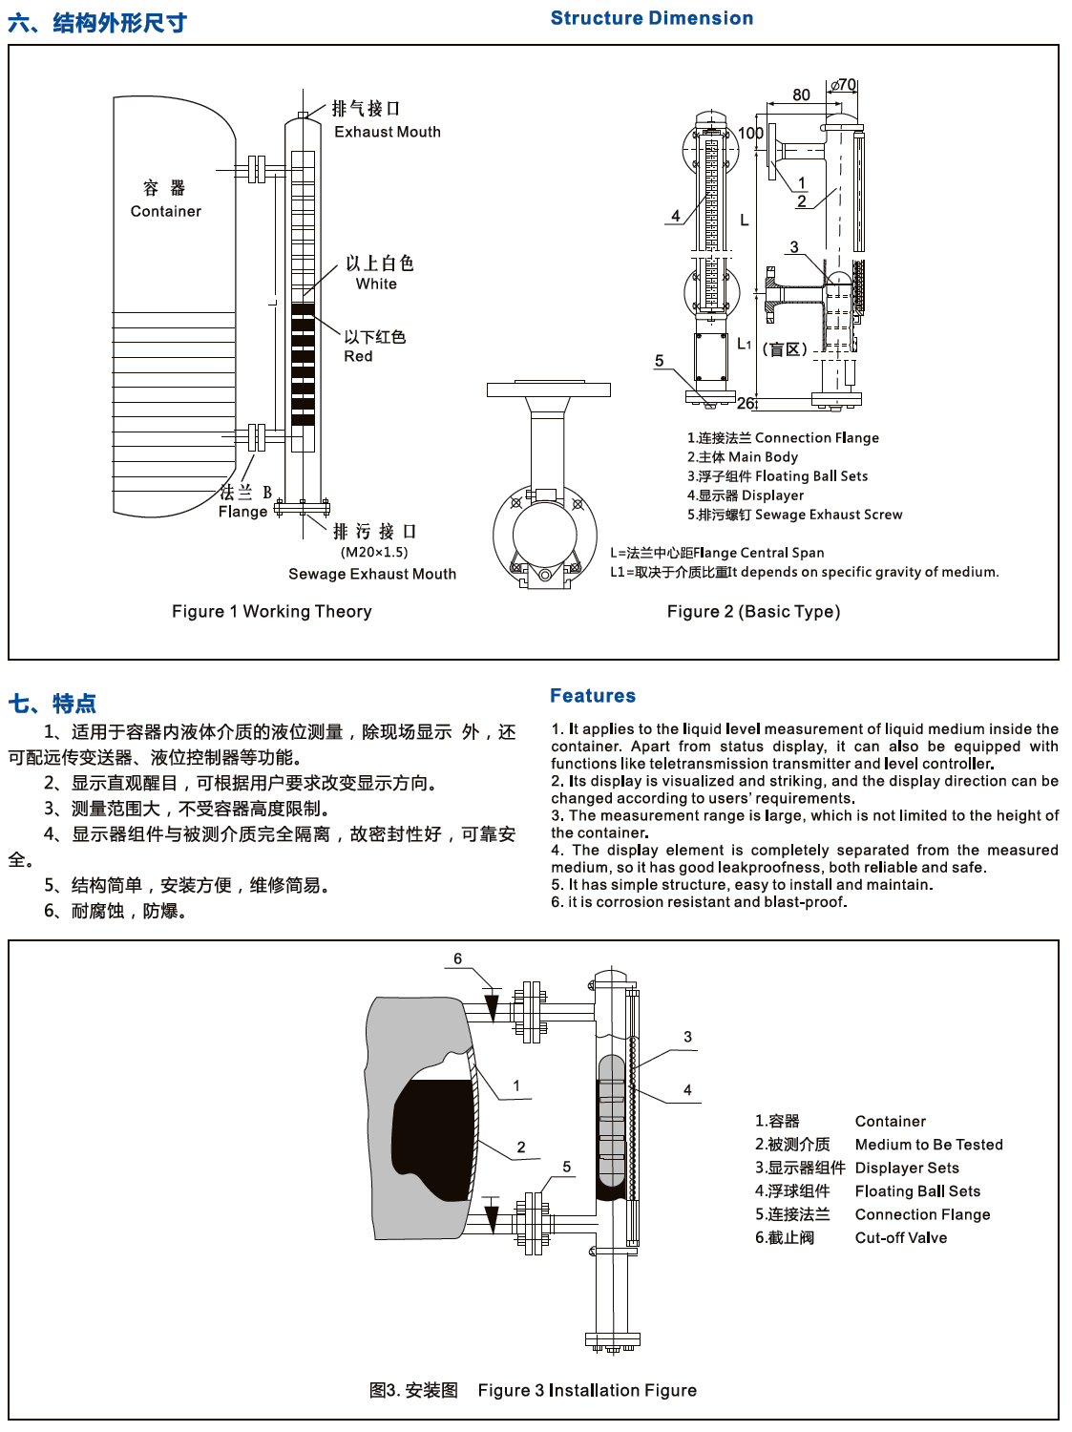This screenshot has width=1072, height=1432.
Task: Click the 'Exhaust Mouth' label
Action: (x=387, y=132)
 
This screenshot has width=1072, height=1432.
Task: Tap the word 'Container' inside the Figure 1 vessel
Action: (x=166, y=211)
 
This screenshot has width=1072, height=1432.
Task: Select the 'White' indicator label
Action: (x=376, y=284)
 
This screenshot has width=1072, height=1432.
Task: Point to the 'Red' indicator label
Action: (x=358, y=356)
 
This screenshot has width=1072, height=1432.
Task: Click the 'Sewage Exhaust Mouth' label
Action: (x=372, y=574)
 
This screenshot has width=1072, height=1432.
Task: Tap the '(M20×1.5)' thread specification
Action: (x=374, y=552)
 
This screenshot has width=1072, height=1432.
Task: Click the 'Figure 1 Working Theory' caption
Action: (x=271, y=611)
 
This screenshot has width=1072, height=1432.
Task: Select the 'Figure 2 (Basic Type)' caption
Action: (x=753, y=611)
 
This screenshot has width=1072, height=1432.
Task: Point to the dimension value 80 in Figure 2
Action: (x=801, y=95)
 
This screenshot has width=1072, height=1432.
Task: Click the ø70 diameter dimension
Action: (x=843, y=85)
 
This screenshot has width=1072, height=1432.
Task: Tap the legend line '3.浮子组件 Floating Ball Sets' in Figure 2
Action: (x=777, y=475)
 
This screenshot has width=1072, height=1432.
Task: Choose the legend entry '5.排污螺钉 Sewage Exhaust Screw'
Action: (x=794, y=514)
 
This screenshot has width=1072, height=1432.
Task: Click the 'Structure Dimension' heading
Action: (x=652, y=18)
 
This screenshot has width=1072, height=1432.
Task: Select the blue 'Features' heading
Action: (x=593, y=696)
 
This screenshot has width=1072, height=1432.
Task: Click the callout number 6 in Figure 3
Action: (x=457, y=958)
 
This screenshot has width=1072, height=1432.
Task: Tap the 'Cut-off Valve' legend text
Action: (x=901, y=1237)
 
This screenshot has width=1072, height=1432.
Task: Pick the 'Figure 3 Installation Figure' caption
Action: (x=587, y=1390)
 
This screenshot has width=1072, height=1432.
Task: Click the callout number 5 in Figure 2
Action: (x=659, y=361)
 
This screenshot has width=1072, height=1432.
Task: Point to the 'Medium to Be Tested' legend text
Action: (x=929, y=1144)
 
